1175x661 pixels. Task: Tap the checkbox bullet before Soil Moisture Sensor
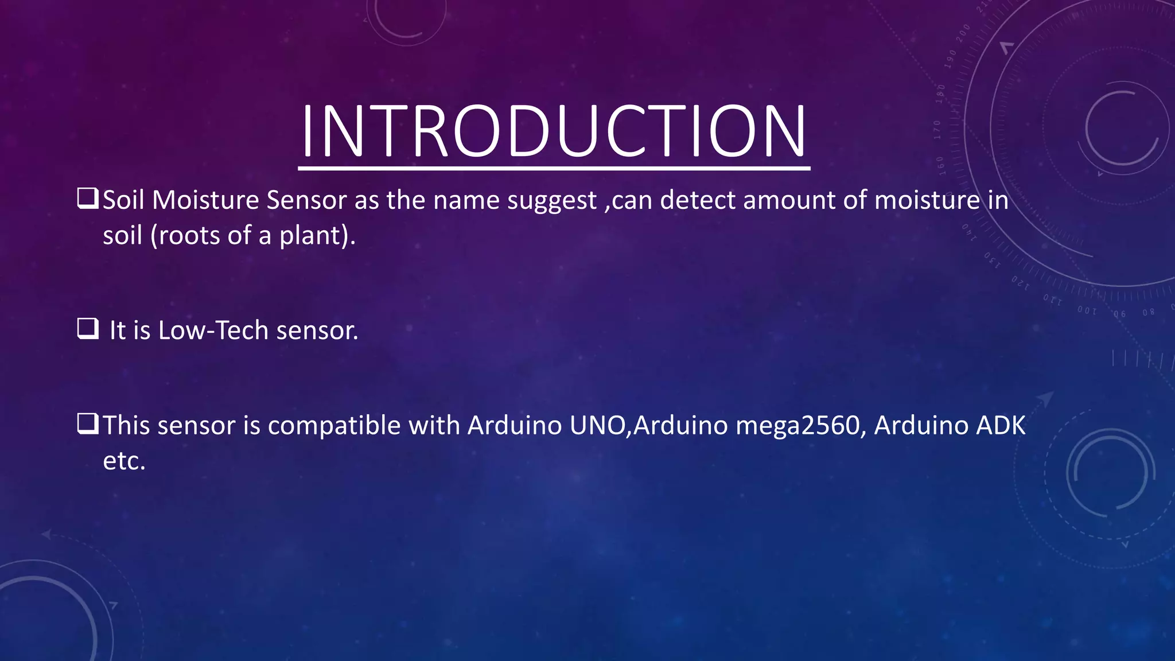pos(88,199)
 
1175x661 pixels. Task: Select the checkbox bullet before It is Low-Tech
pos(88,329)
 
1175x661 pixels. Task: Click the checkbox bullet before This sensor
pos(88,424)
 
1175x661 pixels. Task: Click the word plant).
pos(317,236)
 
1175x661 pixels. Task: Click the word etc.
pos(124,461)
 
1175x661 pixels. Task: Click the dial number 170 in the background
pos(937,130)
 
